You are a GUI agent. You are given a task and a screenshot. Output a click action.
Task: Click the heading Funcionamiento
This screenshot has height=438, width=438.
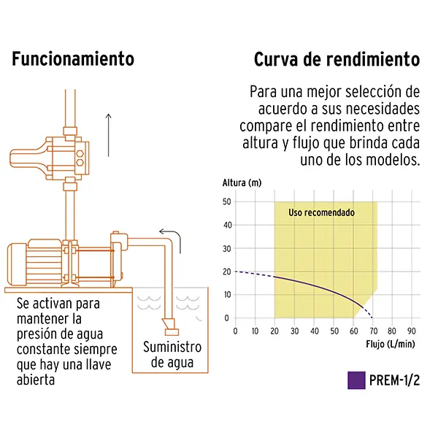73,59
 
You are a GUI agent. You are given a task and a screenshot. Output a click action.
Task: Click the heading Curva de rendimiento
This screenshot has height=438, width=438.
337,59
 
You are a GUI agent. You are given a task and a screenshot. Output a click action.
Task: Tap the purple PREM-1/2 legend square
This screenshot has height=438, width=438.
356,380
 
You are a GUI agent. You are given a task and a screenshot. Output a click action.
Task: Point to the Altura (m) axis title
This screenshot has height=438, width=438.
242,182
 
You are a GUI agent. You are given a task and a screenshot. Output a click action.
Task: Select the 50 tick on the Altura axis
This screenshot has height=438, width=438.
226,201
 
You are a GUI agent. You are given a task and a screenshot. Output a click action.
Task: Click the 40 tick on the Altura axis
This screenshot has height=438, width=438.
226,225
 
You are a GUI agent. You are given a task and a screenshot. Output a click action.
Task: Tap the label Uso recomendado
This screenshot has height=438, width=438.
321,213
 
